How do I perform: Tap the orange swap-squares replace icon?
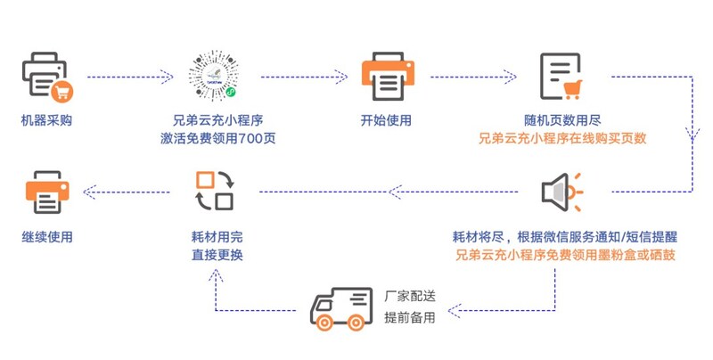click(x=214, y=192)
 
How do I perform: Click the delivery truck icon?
click(x=340, y=307)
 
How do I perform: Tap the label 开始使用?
click(x=385, y=120)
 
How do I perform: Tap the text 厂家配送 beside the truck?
click(x=409, y=296)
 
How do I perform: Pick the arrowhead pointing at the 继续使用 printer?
click(x=85, y=190)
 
